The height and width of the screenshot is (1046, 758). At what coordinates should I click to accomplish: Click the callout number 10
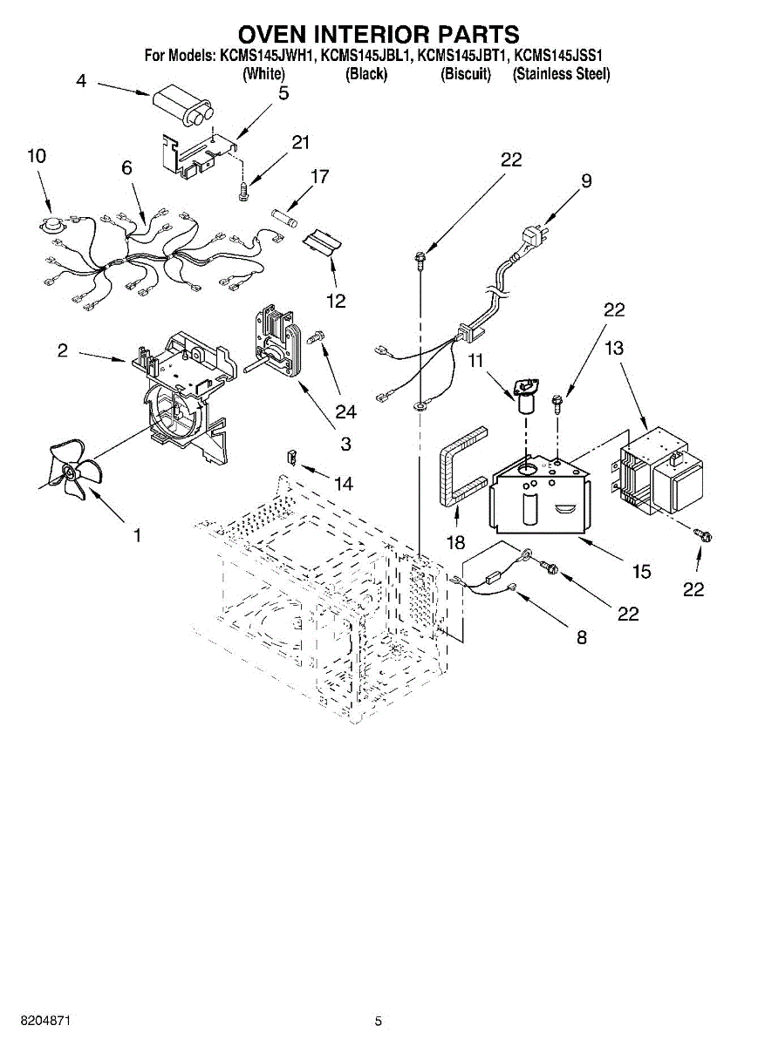pyautogui.click(x=37, y=156)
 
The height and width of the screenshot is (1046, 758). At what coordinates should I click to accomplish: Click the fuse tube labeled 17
pyautogui.click(x=284, y=218)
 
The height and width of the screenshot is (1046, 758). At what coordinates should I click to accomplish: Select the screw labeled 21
pyautogui.click(x=244, y=192)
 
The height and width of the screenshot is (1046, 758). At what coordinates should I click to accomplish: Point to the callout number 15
pyautogui.click(x=641, y=571)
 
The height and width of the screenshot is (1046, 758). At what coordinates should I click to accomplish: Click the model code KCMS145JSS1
pyautogui.click(x=558, y=56)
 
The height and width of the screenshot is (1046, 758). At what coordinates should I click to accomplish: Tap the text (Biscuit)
pyautogui.click(x=466, y=74)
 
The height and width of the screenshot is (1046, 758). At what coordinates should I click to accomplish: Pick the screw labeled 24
pyautogui.click(x=317, y=336)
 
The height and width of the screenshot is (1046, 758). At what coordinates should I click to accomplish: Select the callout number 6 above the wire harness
pyautogui.click(x=126, y=167)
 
